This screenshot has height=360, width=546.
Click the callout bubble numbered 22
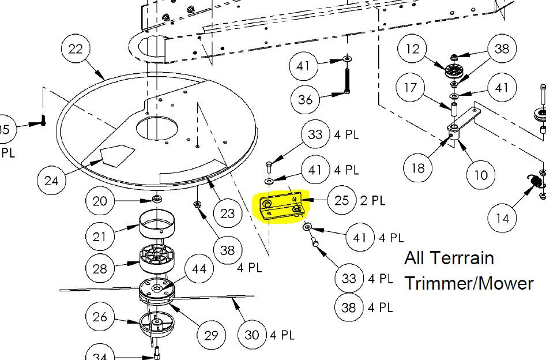click(x=76, y=49)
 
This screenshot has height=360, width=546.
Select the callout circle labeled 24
click(x=51, y=181)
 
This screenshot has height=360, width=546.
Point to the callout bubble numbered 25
click(x=341, y=200)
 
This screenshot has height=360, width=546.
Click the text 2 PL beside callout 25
click(x=372, y=200)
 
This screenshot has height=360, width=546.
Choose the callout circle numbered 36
click(x=305, y=99)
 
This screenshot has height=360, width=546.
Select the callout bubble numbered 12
click(x=413, y=49)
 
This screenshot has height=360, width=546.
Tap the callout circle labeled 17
click(x=411, y=87)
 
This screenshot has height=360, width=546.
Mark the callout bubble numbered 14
click(x=502, y=218)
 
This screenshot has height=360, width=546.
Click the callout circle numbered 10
click(x=481, y=174)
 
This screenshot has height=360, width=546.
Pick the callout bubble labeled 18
click(x=418, y=168)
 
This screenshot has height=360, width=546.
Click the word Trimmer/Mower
click(x=469, y=283)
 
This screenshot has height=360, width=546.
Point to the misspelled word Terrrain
click(x=464, y=258)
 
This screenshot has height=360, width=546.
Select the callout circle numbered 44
click(x=199, y=269)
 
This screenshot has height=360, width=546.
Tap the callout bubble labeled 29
click(x=211, y=335)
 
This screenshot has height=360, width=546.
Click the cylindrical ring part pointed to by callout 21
click(x=157, y=224)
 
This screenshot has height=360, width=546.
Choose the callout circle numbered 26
click(x=100, y=316)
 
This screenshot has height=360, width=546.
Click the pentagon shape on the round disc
click(x=118, y=154)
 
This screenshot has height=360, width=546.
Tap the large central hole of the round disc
click(x=157, y=129)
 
